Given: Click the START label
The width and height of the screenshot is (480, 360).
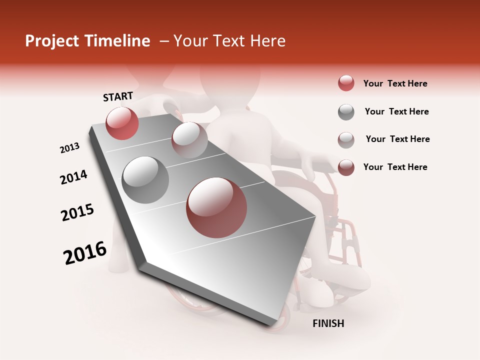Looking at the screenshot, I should (118, 96).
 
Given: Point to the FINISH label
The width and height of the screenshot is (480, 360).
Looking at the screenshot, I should (328, 323).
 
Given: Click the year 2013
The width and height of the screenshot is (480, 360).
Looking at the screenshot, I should (69, 148).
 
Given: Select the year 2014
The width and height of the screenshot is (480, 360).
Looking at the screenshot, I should (73, 177).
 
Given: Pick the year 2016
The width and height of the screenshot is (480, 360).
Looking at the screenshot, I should (85, 253).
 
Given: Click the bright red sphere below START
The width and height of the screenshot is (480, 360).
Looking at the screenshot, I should (122, 123).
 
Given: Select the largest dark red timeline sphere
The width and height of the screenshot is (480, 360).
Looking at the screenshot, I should (216, 207).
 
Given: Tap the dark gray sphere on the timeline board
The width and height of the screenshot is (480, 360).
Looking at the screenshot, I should (145, 180).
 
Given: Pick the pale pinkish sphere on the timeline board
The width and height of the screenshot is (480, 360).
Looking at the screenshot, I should (189, 140).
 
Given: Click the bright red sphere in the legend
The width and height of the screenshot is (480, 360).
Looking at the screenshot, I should (346, 83).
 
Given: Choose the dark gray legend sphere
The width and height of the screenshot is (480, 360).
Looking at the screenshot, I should (346, 112).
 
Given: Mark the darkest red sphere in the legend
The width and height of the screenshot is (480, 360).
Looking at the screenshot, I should (346, 167).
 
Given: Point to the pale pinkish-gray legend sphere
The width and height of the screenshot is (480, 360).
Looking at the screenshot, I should (346, 139).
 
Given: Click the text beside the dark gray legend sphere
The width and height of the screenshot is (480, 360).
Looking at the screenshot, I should (396, 111).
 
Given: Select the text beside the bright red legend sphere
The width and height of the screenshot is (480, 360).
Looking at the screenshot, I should (395, 83).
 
